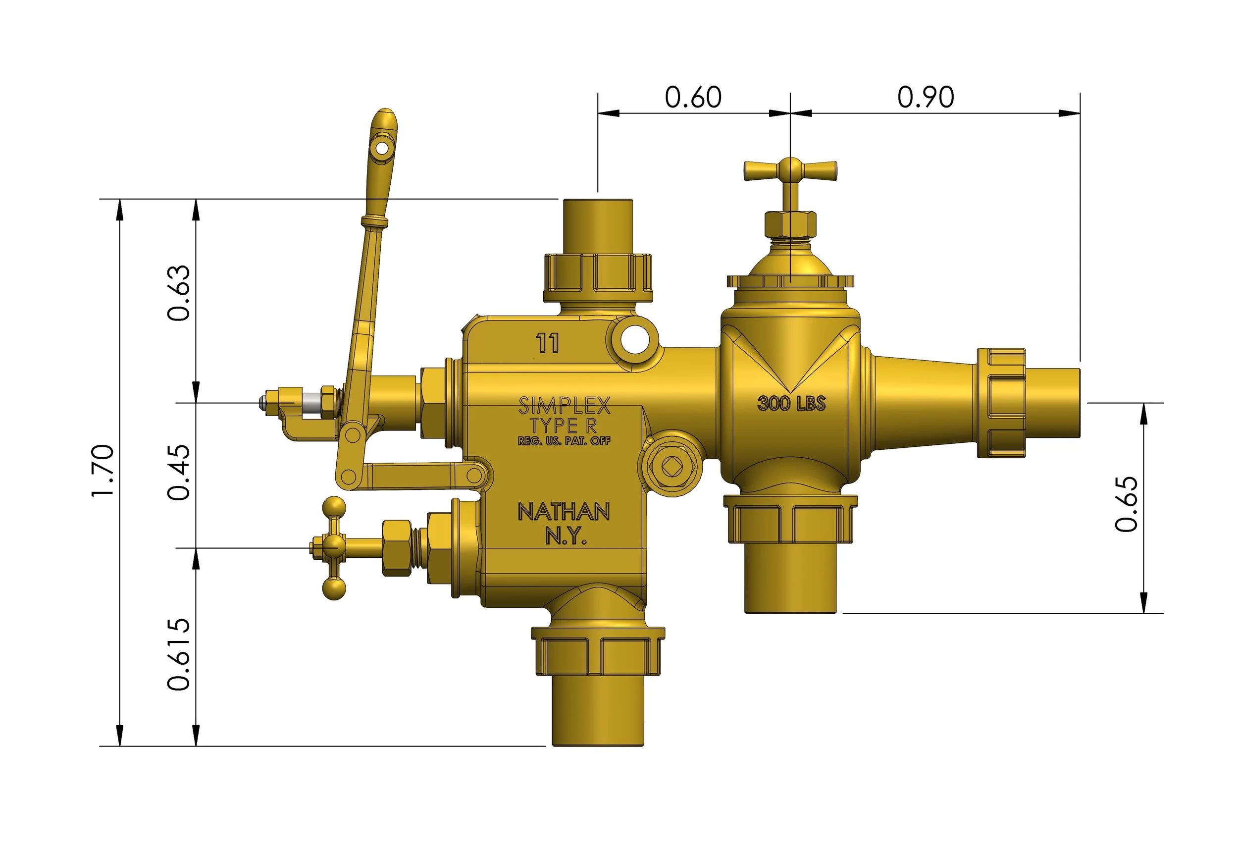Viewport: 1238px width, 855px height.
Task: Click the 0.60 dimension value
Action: click(x=693, y=97)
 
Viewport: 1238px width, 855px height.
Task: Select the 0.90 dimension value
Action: click(x=926, y=97)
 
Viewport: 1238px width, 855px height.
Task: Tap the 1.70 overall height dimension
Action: click(x=103, y=471)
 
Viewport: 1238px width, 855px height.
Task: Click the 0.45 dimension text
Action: click(x=179, y=472)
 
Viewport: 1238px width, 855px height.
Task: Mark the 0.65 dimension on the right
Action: click(x=1126, y=504)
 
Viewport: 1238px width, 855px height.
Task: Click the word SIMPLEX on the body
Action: click(x=564, y=406)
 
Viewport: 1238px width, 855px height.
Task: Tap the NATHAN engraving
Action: click(x=564, y=512)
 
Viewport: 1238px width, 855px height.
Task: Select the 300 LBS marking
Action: click(x=791, y=403)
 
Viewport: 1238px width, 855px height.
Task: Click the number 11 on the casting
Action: click(x=547, y=343)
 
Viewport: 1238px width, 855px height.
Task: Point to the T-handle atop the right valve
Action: click(x=790, y=170)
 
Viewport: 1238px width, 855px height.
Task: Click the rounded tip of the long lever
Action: click(x=384, y=118)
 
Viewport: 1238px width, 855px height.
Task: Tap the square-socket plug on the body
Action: click(x=671, y=467)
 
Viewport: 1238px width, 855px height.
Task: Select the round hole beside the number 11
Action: click(x=634, y=340)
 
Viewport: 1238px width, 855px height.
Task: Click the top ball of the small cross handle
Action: click(x=334, y=507)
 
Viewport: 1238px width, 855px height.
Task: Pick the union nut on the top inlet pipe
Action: click(x=598, y=277)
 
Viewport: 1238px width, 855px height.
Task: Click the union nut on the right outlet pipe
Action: click(x=1001, y=402)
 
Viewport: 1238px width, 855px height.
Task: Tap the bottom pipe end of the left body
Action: click(x=598, y=718)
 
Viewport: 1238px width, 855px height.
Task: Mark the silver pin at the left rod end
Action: click(x=310, y=403)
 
